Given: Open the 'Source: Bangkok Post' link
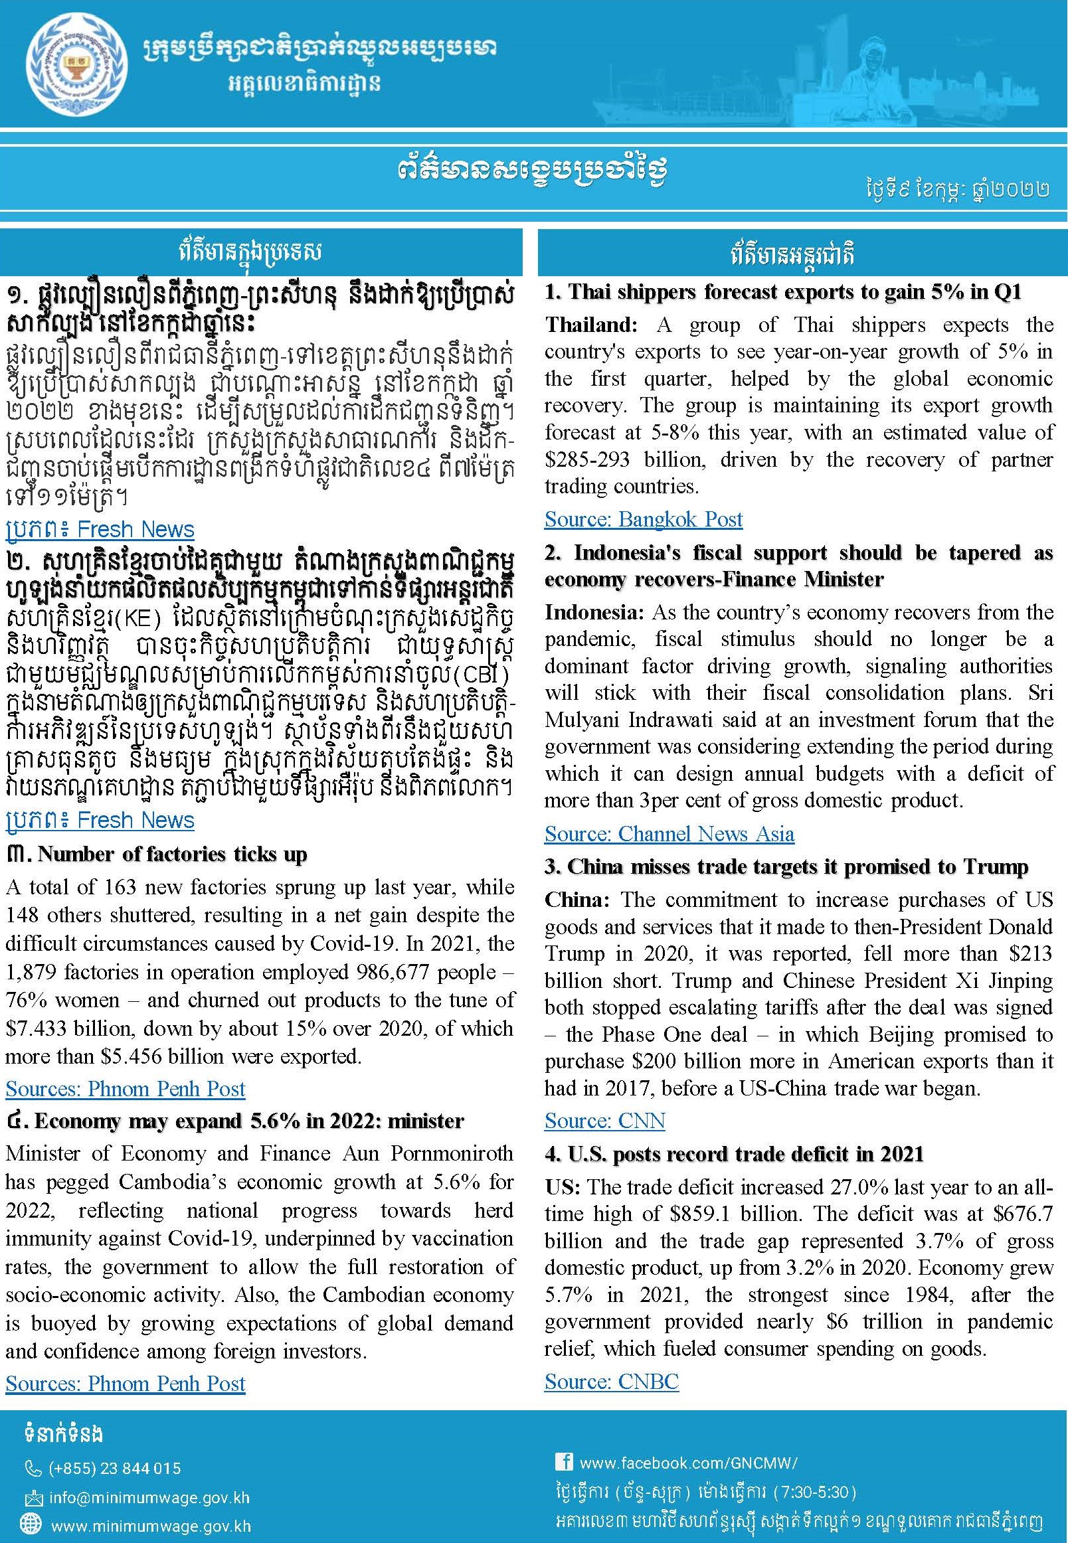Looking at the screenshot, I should [x=643, y=519].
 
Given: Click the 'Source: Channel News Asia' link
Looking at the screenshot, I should [x=669, y=834].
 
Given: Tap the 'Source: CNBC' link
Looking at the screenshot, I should [x=612, y=1382].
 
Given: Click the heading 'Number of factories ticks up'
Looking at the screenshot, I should [x=172, y=854].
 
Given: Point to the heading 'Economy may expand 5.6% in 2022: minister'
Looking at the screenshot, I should [x=249, y=1120].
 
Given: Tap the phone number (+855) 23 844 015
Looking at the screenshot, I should [x=114, y=1463].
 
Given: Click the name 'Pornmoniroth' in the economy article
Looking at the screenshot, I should [x=452, y=1154].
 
